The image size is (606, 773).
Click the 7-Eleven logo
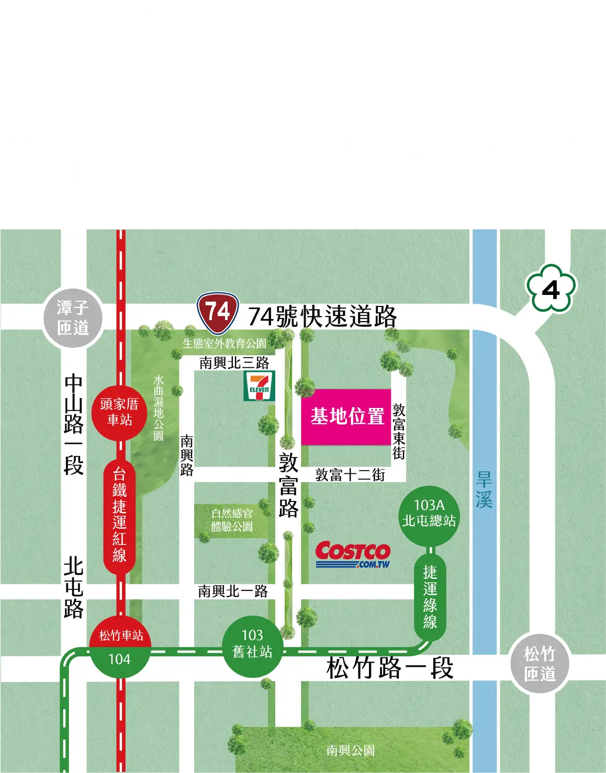259,386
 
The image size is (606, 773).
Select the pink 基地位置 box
346,417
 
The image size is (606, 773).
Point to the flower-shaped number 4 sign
551,289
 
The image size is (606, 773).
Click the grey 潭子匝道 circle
73,318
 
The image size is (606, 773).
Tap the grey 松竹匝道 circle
540,663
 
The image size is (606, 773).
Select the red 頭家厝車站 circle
119,412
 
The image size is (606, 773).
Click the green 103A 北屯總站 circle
429,513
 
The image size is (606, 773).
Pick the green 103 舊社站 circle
253,644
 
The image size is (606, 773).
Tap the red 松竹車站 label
121,635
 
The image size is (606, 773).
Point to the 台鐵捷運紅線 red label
119,515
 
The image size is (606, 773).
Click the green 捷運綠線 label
430,596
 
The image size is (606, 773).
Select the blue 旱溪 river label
484,490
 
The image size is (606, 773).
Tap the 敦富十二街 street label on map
350,475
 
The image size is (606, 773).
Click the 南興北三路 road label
234,363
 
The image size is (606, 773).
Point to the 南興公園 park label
350,751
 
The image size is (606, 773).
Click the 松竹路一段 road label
390,668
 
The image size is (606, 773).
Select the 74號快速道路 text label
322,316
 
